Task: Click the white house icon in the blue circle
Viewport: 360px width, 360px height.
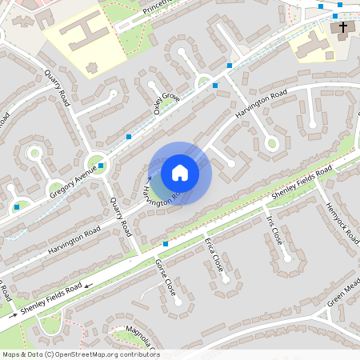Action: pos(180,172)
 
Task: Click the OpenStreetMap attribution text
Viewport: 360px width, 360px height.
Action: pos(81,354)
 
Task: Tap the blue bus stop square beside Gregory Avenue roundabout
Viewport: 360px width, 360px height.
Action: pos(101,166)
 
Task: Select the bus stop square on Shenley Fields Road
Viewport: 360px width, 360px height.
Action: pos(166,243)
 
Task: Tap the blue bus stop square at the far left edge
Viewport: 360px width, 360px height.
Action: pos(17,207)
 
